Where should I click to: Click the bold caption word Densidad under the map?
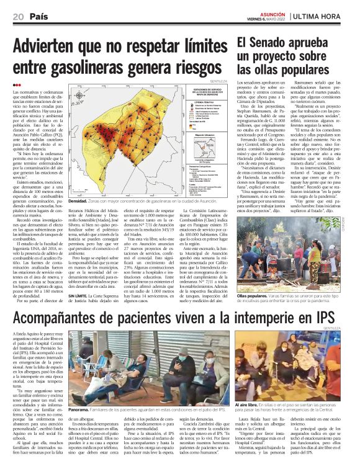pyautogui.click(x=78, y=202)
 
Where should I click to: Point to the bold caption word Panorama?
pyautogui.click(x=78, y=393)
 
